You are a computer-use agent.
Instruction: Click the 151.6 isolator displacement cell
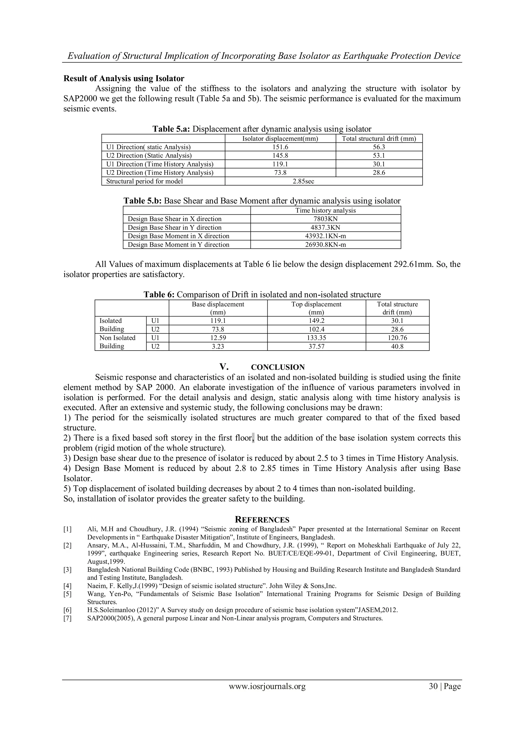pos(280,147)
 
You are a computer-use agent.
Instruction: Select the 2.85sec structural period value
pos(303,181)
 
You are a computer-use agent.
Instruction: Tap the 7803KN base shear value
pos(325,219)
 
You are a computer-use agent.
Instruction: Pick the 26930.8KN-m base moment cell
pos(325,245)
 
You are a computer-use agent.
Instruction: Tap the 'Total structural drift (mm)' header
pos(379,139)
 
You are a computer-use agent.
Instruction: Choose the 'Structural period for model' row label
pos(145,181)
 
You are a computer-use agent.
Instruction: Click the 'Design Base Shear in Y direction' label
pos(174,227)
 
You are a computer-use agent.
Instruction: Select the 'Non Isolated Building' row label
pos(117,342)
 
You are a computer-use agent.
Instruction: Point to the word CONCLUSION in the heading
pos(278,367)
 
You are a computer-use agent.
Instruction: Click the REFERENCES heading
pos(262,520)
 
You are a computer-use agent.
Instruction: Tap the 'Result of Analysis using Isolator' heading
pos(124,79)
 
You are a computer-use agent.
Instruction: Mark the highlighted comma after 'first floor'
pos(253,438)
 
